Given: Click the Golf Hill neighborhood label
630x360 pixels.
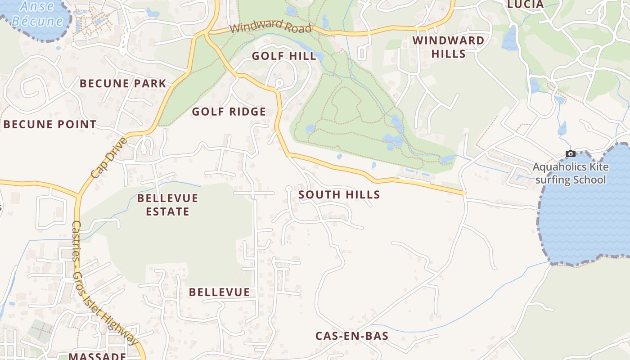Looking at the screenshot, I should click(x=284, y=56).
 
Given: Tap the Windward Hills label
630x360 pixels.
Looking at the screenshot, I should click(x=448, y=47).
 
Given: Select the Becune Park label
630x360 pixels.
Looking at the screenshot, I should click(x=123, y=83).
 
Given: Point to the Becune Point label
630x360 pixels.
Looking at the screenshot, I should click(x=49, y=125).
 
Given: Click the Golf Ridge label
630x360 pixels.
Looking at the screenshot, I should click(x=229, y=112).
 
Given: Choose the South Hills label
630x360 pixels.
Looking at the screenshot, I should click(x=339, y=195).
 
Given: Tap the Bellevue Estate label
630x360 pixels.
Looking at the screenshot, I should click(x=167, y=205).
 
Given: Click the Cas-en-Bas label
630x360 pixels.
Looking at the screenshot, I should click(x=351, y=336).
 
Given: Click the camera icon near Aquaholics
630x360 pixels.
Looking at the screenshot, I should click(x=570, y=154).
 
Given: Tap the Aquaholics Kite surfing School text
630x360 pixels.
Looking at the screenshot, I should click(x=571, y=174).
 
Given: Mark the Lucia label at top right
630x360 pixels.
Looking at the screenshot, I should click(x=525, y=4).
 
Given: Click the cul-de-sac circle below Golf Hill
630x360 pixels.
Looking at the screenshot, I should click(x=279, y=83).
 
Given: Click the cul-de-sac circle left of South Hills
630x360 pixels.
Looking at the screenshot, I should click(x=289, y=188).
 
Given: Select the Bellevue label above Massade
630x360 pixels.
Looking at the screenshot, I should click(x=219, y=292).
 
